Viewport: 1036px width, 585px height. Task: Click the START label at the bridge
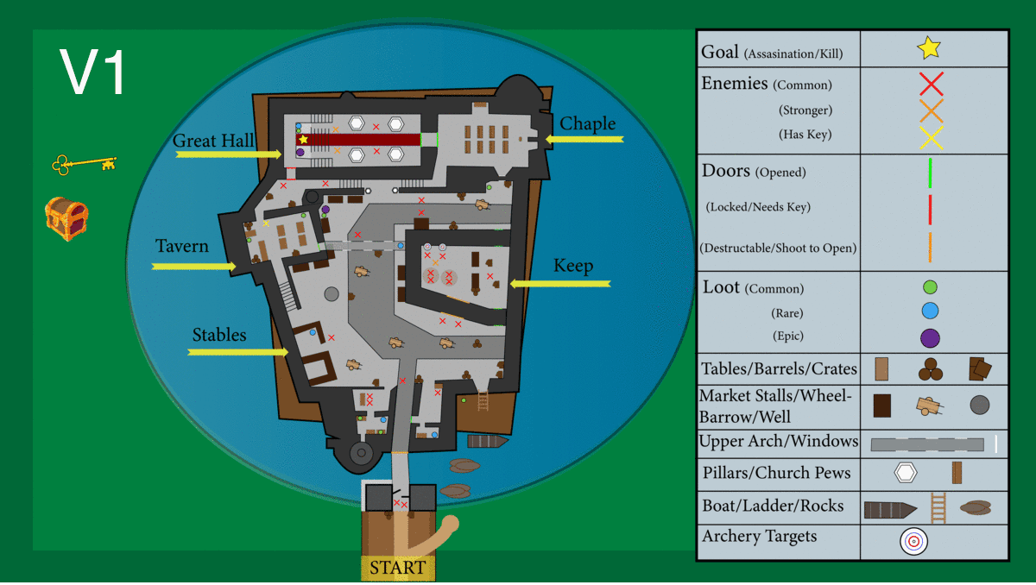point(398,568)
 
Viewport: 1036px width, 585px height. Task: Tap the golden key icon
point(84,163)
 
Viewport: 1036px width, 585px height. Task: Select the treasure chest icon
point(67,218)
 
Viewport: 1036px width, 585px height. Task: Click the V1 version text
point(93,72)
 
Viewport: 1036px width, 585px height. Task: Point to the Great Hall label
point(213,141)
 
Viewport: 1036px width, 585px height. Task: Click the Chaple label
point(588,123)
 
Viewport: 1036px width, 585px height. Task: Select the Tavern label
point(182,247)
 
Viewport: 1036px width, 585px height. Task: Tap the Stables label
point(219,335)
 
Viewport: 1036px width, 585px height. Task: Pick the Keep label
point(573,266)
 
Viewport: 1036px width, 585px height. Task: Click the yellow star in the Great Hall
point(303,139)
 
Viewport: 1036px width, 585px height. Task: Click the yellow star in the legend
point(929,48)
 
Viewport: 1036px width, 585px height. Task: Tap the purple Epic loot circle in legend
point(930,337)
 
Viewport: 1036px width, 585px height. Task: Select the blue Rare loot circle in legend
point(930,311)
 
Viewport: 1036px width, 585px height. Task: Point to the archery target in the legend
point(913,541)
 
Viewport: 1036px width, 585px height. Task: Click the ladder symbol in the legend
point(938,507)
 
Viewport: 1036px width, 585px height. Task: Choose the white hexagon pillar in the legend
point(905,473)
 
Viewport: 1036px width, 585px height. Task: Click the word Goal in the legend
point(720,53)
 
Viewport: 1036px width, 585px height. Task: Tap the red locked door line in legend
point(930,209)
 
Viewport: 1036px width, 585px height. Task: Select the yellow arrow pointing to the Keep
point(560,283)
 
